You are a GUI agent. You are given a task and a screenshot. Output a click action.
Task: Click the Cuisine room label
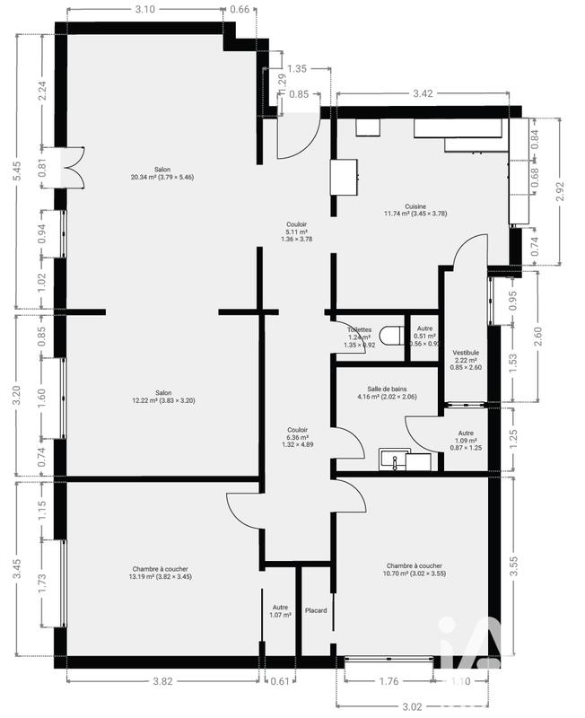tap(415, 209)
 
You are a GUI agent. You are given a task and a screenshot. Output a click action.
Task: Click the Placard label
tap(315, 611)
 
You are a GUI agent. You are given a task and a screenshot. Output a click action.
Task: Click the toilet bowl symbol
tap(389, 337)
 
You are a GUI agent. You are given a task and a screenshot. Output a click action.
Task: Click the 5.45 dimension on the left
tap(17, 171)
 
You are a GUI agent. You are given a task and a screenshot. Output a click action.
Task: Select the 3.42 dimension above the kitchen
tap(423, 92)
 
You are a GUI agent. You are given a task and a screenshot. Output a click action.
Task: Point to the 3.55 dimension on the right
tap(563, 566)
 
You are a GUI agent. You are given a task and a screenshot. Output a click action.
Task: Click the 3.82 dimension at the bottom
tap(162, 681)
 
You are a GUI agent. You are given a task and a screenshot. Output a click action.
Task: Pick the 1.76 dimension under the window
tap(389, 681)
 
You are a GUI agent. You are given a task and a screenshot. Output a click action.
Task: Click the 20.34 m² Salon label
tap(162, 173)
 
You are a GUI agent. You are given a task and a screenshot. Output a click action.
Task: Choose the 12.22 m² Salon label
tap(162, 396)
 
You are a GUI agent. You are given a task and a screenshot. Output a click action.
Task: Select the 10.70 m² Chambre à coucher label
tap(414, 569)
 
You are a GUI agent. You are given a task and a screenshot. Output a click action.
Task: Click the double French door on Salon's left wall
tap(68, 168)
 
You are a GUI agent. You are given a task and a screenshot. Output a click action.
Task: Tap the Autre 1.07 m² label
tap(280, 611)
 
